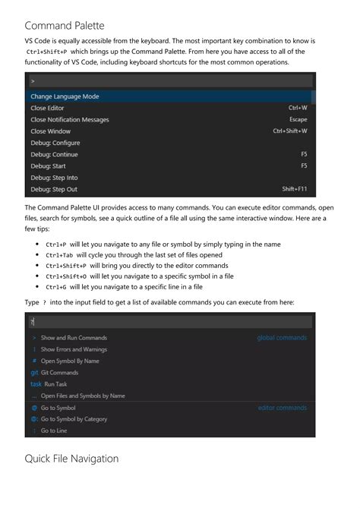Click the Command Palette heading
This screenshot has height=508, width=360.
[70, 25]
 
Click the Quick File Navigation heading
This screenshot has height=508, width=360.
[71, 459]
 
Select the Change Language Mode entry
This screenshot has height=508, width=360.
[65, 96]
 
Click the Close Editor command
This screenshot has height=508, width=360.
[48, 108]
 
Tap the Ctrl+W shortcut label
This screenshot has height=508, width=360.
[297, 108]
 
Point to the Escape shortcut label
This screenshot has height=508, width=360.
[298, 120]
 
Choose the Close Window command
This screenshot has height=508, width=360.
[50, 131]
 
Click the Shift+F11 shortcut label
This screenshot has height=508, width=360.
[295, 189]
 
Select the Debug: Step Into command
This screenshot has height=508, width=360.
[54, 178]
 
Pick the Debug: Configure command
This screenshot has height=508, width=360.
[55, 143]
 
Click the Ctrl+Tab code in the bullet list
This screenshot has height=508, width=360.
[59, 255]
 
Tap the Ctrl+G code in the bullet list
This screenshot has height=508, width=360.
[55, 287]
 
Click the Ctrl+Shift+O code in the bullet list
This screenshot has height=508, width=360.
[66, 276]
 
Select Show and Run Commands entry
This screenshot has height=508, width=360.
[74, 337]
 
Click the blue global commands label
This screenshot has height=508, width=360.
[282, 337]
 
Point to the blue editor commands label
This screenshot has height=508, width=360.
[283, 408]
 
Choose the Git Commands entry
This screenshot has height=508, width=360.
[59, 373]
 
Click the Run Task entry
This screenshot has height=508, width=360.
[55, 384]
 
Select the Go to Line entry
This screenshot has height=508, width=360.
[54, 431]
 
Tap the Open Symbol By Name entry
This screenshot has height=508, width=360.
[70, 361]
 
